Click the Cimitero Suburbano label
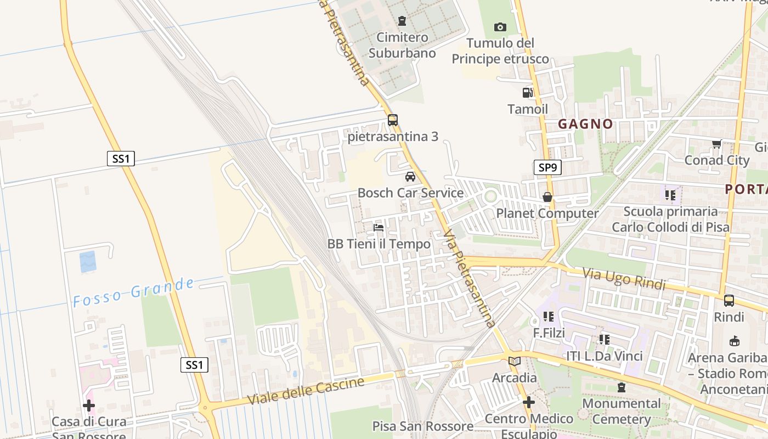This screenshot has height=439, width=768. click(x=402, y=46)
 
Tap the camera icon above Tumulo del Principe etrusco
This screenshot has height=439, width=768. click(x=500, y=27)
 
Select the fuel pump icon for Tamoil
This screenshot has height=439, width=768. click(x=527, y=93)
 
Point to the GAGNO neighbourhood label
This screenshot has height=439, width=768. click(x=585, y=124)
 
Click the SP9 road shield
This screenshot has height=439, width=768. click(x=547, y=167)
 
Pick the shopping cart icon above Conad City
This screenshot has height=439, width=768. click(x=716, y=144)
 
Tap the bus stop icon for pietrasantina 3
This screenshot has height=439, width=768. click(x=392, y=120)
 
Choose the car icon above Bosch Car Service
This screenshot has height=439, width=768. click(x=410, y=177)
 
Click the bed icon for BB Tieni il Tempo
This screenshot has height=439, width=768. click(x=379, y=227)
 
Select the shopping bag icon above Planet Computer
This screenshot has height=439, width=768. click(x=547, y=197)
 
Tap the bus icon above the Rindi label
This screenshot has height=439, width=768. click(x=729, y=300)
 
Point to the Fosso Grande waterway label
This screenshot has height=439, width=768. click(x=133, y=292)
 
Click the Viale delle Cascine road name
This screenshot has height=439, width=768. click(x=306, y=391)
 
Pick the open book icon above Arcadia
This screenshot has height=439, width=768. click(x=514, y=361)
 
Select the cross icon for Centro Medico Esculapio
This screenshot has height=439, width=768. click(x=528, y=402)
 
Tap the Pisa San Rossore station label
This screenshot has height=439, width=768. click(x=422, y=426)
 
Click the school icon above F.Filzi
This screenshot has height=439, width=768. click(x=548, y=317)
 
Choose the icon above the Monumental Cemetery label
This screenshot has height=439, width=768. click(x=621, y=387)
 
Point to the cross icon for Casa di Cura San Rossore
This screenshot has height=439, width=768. click(x=89, y=406)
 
